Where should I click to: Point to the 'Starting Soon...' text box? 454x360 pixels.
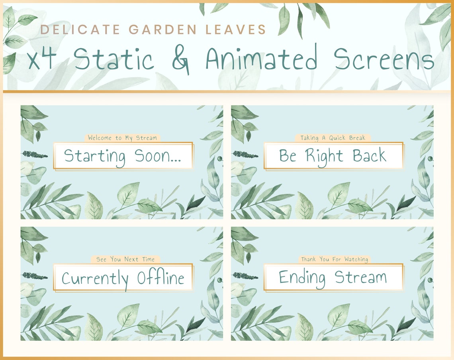[123, 156]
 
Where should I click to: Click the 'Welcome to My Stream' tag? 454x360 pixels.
[122, 138]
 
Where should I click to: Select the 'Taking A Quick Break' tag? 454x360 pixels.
[333, 138]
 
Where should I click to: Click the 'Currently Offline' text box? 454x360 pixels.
[123, 277]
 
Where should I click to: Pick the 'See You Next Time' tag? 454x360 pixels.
[125, 259]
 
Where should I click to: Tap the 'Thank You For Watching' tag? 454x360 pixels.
[334, 259]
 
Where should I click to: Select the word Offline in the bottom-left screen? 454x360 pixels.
[160, 278]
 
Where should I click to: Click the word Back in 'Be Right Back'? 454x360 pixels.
[369, 156]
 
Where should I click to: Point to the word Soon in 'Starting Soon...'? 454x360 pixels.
[158, 156]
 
